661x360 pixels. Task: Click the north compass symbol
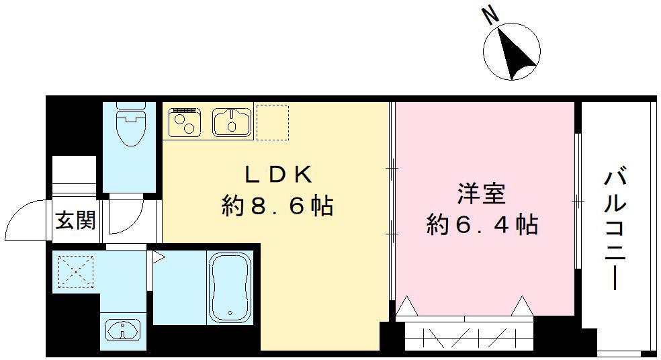click(x=513, y=52)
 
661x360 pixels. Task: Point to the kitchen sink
click(x=231, y=122)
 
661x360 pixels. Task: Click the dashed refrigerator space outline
click(x=273, y=122)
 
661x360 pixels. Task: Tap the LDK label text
click(x=277, y=175)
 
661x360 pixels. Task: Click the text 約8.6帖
click(x=277, y=206)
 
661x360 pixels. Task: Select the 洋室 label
click(x=481, y=193)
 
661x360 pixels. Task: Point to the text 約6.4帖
click(x=482, y=225)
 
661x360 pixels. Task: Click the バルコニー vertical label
click(x=616, y=228)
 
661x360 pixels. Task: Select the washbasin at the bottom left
click(x=122, y=330)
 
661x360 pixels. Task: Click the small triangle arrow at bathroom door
click(x=159, y=256)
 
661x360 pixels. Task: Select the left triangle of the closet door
click(x=406, y=308)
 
